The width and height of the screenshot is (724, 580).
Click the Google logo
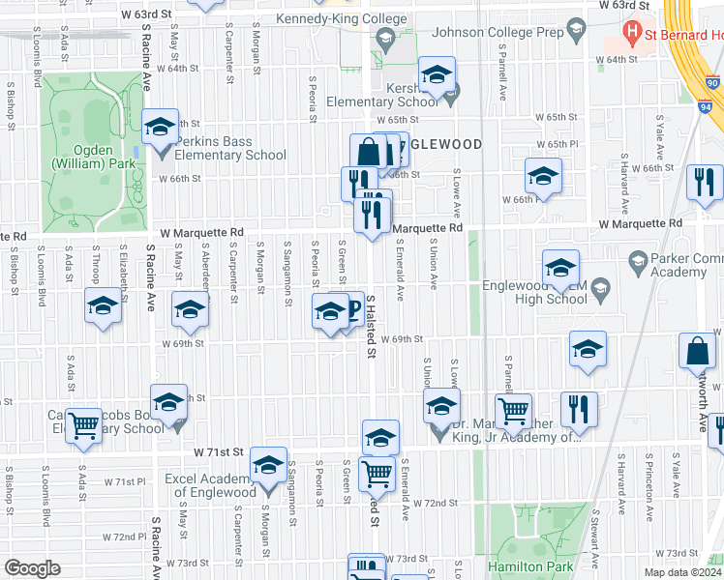click(32, 568)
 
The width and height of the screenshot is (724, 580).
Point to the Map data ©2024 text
click(681, 572)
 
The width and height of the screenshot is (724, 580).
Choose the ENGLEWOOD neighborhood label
click(441, 144)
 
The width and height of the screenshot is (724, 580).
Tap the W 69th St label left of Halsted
click(183, 342)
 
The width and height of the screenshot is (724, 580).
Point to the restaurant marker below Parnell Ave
click(580, 409)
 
